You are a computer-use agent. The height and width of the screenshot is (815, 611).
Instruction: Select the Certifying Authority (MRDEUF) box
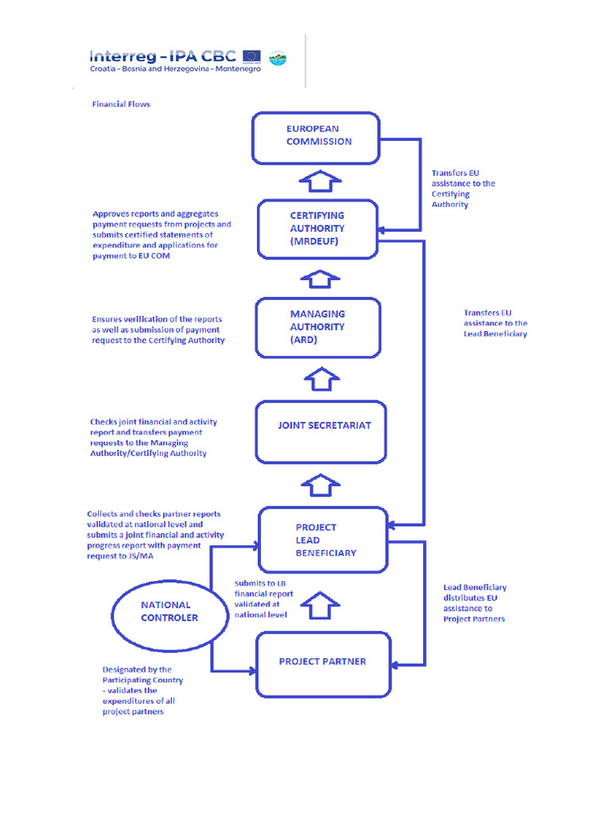[x=317, y=228]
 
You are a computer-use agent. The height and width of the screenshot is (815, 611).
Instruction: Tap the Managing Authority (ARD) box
[x=317, y=327]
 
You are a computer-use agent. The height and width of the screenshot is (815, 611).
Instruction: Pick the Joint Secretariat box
[x=321, y=432]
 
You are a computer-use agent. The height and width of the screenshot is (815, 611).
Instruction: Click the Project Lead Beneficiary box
[x=324, y=540]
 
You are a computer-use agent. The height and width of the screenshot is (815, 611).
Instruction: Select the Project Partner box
[x=323, y=663]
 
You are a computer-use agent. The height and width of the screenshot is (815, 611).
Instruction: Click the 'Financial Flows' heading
[x=121, y=104]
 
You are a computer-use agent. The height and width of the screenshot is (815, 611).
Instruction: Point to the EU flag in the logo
[x=252, y=57]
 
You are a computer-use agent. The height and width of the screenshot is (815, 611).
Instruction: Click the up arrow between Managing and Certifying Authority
[x=319, y=279]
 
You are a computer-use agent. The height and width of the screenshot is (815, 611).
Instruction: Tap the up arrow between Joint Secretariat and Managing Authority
[x=321, y=379]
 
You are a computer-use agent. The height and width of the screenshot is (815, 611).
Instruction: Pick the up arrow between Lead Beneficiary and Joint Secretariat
[x=321, y=484]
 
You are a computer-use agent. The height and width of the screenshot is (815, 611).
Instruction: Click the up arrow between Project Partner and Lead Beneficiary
[x=321, y=605]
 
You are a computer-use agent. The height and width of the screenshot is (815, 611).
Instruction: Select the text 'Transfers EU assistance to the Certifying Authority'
[x=462, y=189]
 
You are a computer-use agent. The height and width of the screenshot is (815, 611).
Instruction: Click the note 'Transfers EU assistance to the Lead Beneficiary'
[x=495, y=323]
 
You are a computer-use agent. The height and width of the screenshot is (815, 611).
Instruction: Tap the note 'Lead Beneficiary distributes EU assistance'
[x=474, y=603]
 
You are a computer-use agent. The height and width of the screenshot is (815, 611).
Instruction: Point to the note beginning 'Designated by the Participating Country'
[x=142, y=691]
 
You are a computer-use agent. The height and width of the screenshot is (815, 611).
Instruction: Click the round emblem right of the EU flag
[x=278, y=57]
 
